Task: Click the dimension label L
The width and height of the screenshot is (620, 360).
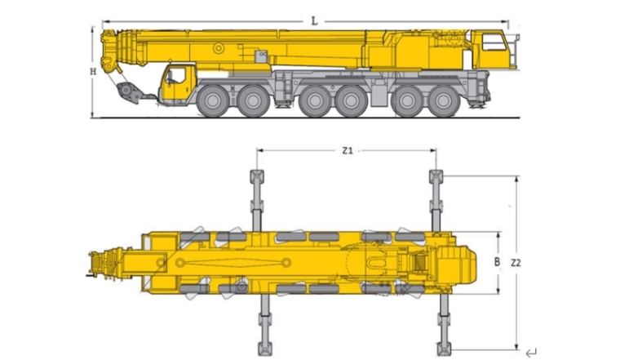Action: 314,21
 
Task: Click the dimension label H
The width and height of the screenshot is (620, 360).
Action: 93,72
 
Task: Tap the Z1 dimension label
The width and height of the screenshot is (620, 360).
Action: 348,150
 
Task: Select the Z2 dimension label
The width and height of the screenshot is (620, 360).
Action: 516,263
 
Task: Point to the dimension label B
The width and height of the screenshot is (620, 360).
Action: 497,262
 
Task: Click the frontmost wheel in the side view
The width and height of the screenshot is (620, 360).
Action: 213,101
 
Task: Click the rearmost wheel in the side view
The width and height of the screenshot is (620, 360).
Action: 444,101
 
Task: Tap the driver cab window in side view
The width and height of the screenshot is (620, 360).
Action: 176,75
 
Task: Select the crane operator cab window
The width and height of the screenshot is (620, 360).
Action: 494,42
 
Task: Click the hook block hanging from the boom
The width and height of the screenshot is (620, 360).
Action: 128,92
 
